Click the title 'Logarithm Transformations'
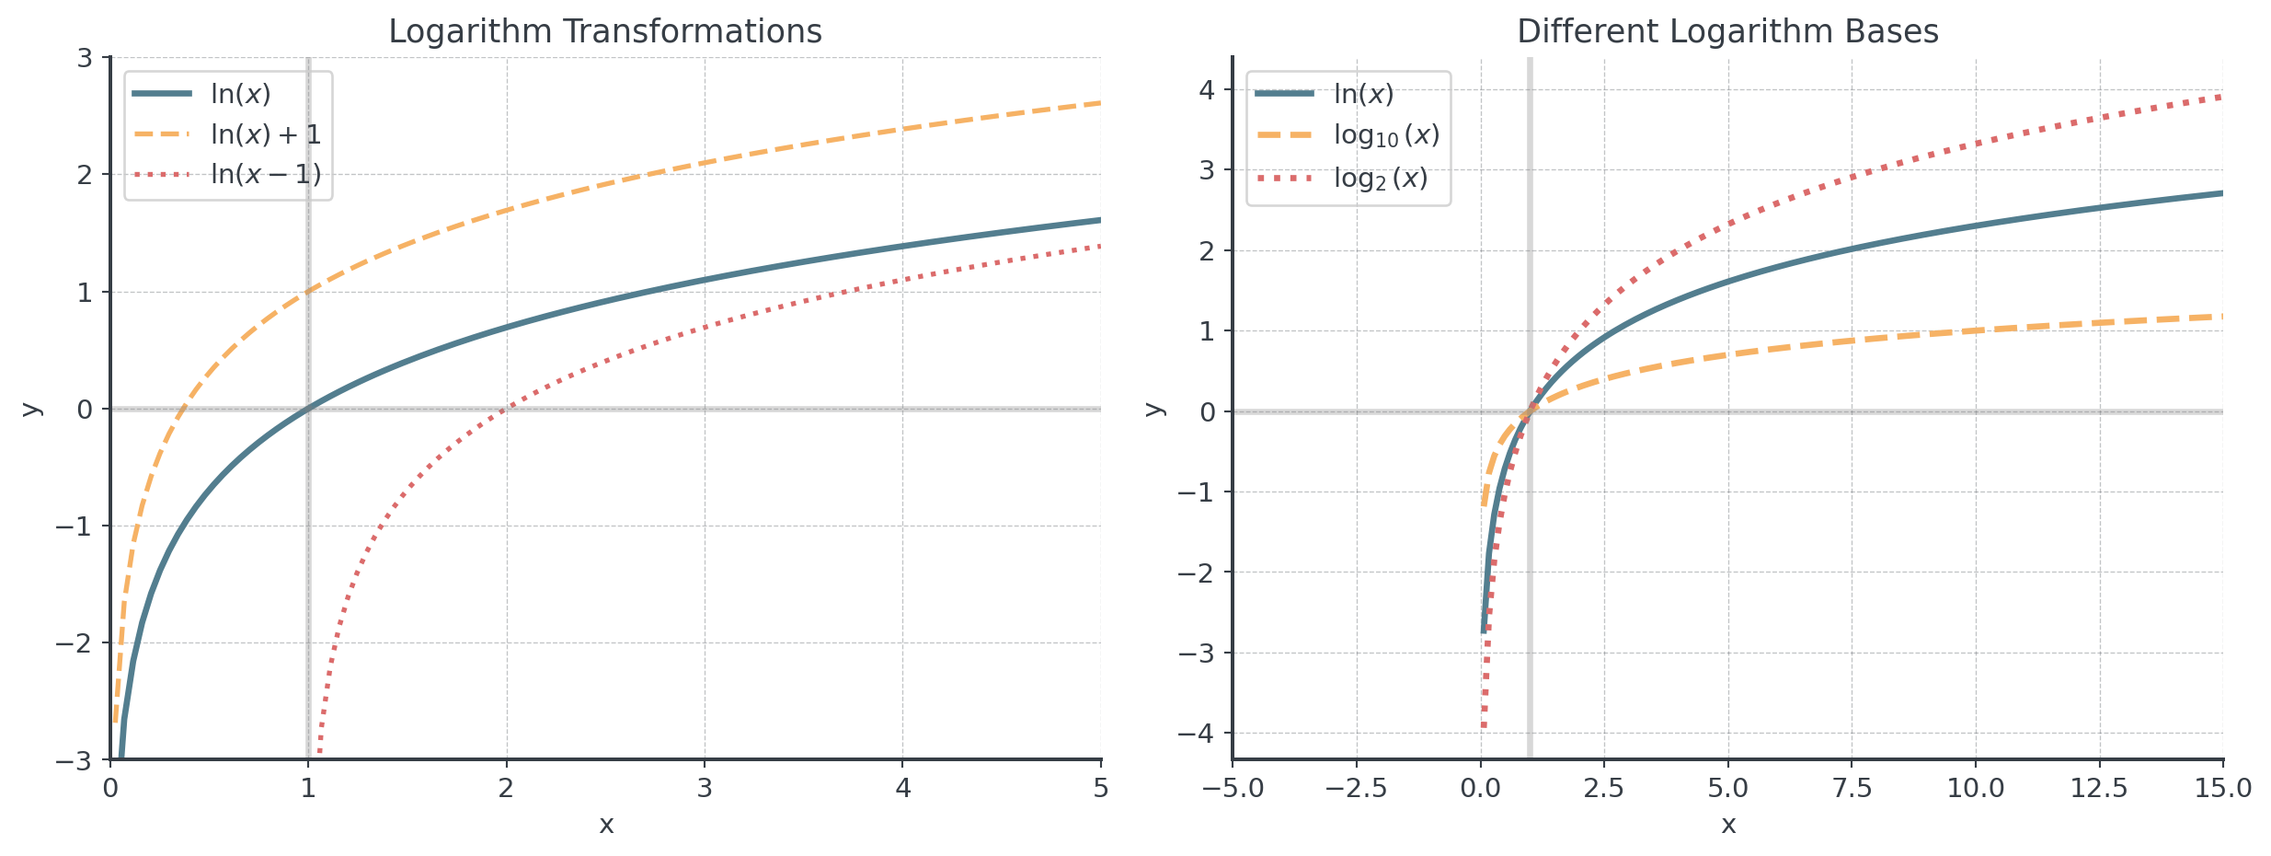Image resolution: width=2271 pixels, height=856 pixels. point(604,31)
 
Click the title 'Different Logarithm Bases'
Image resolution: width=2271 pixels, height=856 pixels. point(1727,31)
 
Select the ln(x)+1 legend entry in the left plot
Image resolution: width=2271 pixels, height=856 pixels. point(265,134)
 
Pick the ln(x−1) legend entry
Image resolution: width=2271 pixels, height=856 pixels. point(265,174)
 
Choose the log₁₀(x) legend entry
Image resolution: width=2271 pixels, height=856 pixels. point(1385,135)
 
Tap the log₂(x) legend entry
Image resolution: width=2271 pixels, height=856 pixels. point(1380,178)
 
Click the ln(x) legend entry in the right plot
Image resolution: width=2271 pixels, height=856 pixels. point(1363,94)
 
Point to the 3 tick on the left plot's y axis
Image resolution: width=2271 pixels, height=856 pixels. point(85,58)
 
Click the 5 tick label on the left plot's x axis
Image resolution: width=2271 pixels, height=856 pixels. point(1101,788)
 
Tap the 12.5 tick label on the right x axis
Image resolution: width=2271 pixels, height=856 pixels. point(2099,788)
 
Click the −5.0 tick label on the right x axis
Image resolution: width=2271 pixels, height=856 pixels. point(1233,788)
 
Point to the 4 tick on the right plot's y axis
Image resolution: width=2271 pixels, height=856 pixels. point(1207,90)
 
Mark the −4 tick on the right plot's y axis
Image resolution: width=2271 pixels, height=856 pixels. point(1197,734)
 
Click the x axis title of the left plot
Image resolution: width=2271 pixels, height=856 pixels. point(606,825)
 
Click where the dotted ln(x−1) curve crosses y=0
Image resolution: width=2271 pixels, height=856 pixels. point(507,409)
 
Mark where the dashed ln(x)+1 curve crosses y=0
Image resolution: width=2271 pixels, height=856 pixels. point(183,409)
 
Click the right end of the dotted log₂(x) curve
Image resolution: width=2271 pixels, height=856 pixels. point(2221,97)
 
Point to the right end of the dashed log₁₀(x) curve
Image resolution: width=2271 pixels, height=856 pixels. point(2221,317)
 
